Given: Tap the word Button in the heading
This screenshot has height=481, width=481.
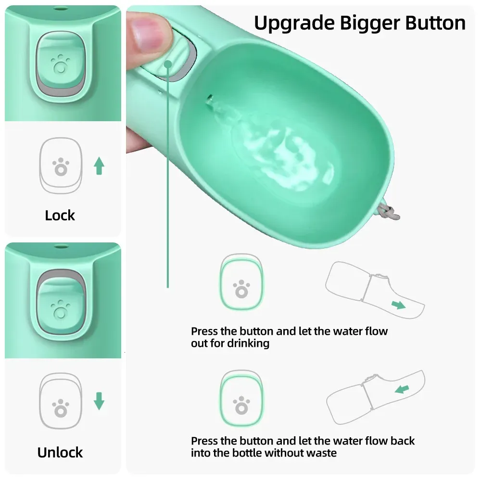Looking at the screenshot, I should click(435, 23).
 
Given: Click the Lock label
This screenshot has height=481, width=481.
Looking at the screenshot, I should click(60, 215).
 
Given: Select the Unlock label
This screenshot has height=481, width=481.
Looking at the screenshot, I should click(60, 452).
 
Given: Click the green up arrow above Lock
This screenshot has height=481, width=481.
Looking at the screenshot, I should click(99, 166).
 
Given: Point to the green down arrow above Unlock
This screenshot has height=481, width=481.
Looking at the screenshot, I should click(99, 401).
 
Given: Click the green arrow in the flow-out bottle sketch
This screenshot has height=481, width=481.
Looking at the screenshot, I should click(398, 304).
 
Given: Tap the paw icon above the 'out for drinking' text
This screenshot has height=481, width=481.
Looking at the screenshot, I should click(241, 289).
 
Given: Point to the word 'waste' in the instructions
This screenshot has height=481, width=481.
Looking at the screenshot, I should click(321, 453).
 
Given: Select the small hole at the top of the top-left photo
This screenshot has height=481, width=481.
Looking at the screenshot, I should click(60, 9).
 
